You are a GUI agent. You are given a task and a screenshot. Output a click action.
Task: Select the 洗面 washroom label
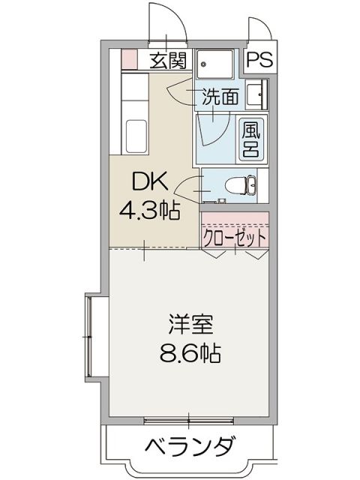(220, 96)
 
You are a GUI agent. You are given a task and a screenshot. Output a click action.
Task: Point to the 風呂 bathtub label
(250, 139)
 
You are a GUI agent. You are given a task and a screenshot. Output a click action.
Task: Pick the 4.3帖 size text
(150, 211)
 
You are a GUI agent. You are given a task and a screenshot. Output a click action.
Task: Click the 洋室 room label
(190, 325)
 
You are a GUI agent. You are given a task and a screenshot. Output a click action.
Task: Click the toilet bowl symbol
(244, 184)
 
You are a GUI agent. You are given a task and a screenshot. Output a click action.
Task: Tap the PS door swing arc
(262, 30)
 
